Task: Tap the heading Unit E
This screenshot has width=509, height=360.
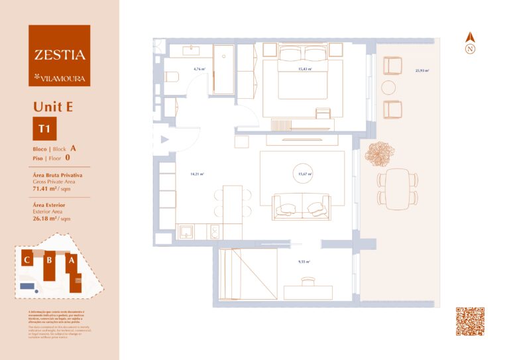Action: [x=53, y=106]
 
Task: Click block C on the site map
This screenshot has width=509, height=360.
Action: [x=27, y=260]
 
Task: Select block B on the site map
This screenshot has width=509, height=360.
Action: [x=49, y=261]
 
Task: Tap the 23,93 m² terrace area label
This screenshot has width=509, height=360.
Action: [x=422, y=70]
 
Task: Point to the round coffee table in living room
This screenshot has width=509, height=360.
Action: [x=305, y=173]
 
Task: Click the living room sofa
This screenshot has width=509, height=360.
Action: [x=302, y=205]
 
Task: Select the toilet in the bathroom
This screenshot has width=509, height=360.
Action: [x=170, y=76]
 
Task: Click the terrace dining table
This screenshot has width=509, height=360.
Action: [x=398, y=186]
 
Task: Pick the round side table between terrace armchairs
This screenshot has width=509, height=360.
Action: [x=388, y=87]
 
